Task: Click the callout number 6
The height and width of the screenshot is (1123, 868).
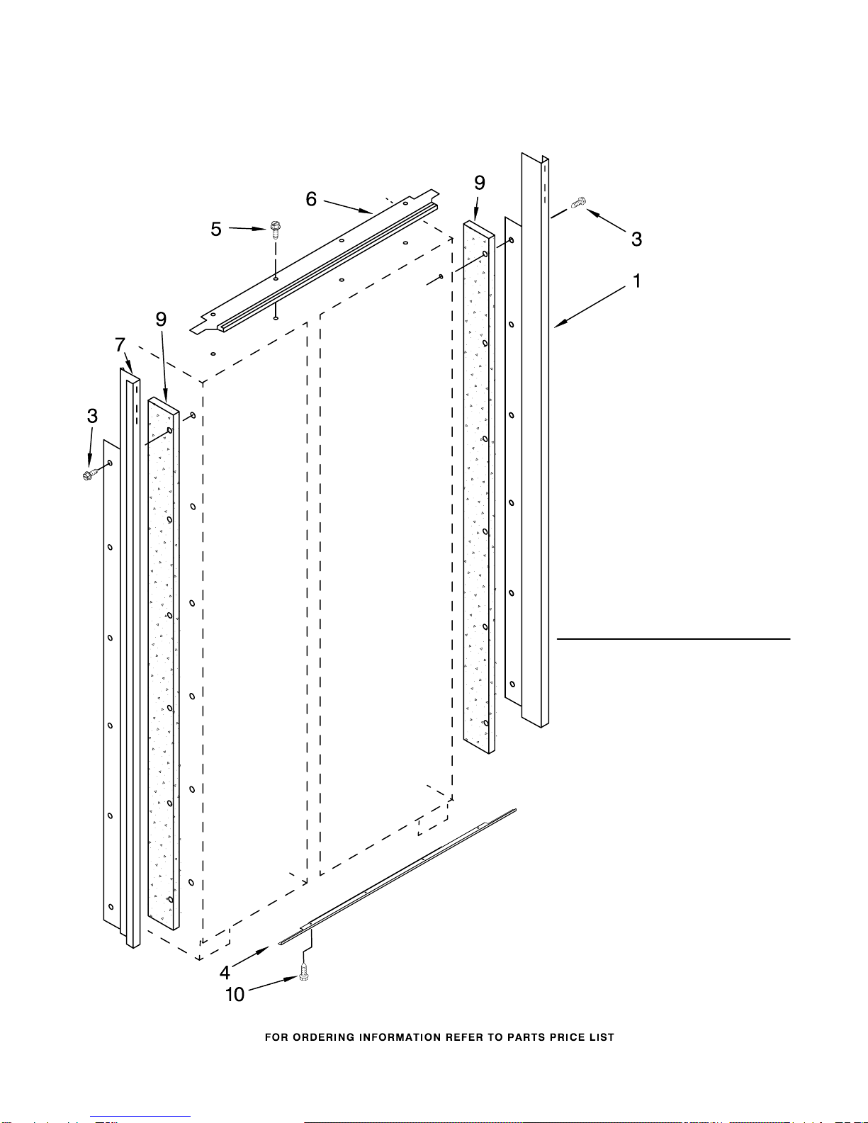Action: (311, 200)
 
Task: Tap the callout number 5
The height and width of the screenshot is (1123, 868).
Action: (216, 230)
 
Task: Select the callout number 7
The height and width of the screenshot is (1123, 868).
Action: (120, 346)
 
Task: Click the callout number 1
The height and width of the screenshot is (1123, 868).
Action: (637, 281)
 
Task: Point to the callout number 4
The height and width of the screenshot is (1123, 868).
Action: (225, 972)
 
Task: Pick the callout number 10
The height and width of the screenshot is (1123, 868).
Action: (235, 995)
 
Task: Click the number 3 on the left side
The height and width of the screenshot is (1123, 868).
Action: (92, 416)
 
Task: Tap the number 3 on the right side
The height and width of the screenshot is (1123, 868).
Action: (636, 239)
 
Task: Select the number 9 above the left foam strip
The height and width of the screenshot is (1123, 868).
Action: (162, 320)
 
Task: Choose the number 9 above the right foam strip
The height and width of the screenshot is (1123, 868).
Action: (480, 183)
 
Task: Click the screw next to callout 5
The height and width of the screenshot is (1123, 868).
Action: (275, 229)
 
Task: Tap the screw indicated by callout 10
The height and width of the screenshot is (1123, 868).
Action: (304, 974)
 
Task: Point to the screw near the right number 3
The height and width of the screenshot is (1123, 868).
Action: (578, 203)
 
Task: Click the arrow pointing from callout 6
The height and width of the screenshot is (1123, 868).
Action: (348, 206)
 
